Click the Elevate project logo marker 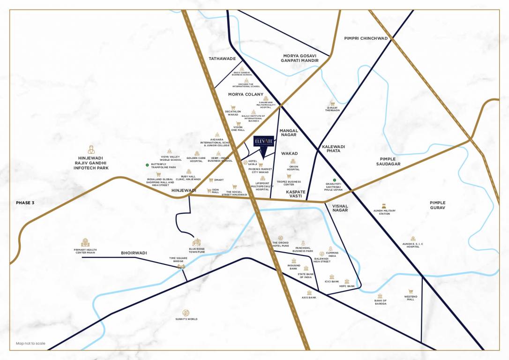[x=263, y=142]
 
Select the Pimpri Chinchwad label [x=366, y=38]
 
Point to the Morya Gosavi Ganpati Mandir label [x=299, y=58]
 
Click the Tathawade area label [x=222, y=59]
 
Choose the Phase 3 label [x=25, y=202]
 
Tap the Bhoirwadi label [x=134, y=253]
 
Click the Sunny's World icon [x=186, y=313]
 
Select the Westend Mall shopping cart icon [x=411, y=291]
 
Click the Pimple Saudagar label [x=389, y=162]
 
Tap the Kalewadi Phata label [x=334, y=149]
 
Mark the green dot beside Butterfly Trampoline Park [x=147, y=165]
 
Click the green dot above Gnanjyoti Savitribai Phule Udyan [x=334, y=180]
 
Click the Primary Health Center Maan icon [x=85, y=242]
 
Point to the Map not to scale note [x=30, y=344]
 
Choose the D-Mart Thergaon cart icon [x=332, y=103]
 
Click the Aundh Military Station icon [x=384, y=206]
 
